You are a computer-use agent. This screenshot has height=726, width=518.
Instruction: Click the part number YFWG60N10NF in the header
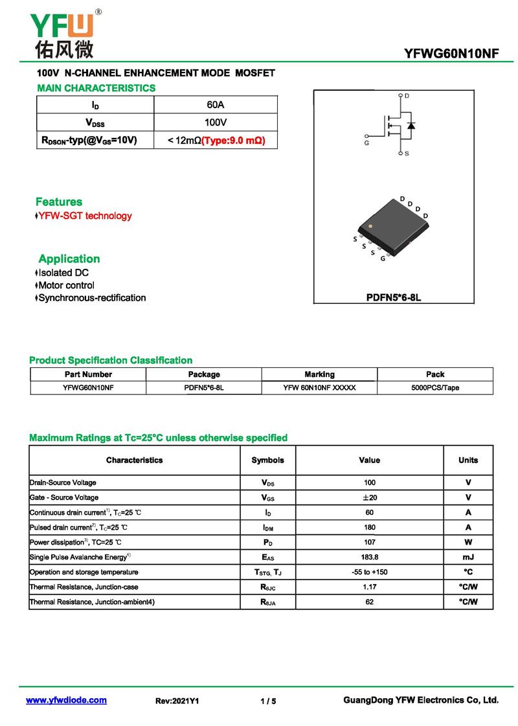[x=451, y=54]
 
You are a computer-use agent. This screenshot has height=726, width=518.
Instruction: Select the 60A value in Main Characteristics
[x=216, y=105]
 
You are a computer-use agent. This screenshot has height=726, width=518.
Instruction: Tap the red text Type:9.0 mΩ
[x=234, y=140]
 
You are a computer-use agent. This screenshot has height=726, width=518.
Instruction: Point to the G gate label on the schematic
[x=366, y=142]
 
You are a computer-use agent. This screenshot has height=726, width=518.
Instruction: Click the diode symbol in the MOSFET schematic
[x=411, y=125]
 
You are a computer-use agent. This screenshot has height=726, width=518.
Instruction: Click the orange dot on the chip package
[x=370, y=227]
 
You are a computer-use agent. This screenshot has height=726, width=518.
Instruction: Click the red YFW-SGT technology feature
[x=85, y=216]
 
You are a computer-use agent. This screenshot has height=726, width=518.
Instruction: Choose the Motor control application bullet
[x=66, y=286]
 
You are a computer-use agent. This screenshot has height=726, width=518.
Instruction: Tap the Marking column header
[x=319, y=374]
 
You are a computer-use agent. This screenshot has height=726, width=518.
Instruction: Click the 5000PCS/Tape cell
[x=435, y=388]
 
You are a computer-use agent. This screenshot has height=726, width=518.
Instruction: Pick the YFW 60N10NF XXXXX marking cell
[x=319, y=388]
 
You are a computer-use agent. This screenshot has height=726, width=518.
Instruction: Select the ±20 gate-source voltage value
[x=369, y=497]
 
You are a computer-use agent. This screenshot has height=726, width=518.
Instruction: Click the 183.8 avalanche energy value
[x=369, y=557]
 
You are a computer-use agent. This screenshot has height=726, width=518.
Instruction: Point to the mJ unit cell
[x=467, y=557]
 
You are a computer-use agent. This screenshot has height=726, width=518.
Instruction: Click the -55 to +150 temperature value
[x=369, y=573]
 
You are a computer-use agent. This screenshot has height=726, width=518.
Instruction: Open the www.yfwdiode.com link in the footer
[x=66, y=701]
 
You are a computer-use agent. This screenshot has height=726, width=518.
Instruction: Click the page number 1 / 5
[x=268, y=701]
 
